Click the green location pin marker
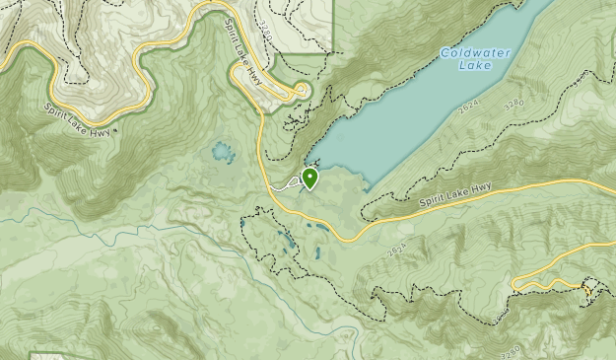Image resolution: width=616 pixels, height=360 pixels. point(310,178)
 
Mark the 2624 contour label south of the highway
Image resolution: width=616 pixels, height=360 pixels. point(397,252)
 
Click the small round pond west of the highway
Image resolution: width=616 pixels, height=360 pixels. point(220,152)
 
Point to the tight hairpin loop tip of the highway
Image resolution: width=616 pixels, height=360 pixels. point(302,91)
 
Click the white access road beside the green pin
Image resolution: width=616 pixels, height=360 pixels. point(286,183)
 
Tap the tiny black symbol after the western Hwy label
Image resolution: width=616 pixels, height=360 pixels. point(116,129)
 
